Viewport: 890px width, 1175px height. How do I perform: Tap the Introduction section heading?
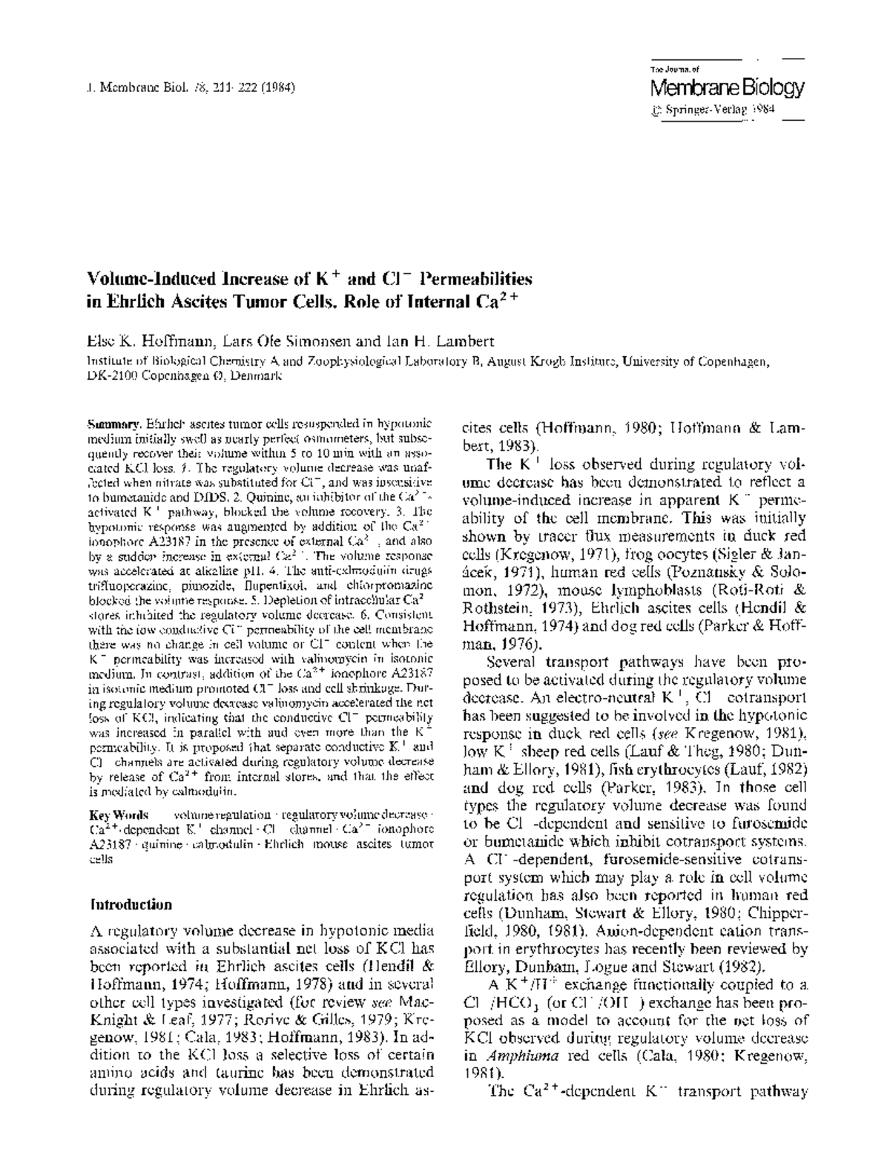click(x=131, y=905)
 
